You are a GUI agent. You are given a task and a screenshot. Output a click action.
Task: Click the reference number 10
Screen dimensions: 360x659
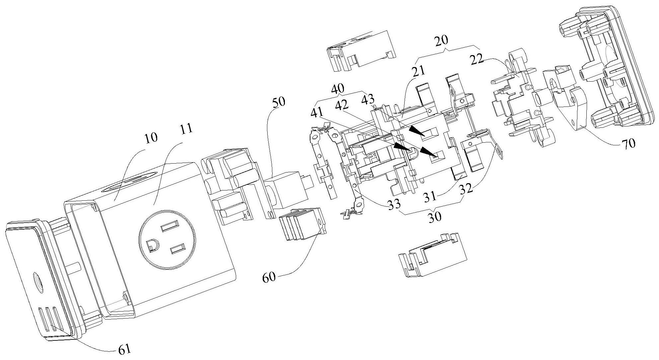(x=151, y=138)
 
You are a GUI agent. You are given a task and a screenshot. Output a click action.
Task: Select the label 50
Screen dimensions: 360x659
(x=278, y=102)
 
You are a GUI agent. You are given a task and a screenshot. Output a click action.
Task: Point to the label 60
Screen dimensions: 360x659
(x=269, y=277)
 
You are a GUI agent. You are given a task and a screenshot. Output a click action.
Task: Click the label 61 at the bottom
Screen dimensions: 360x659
(x=125, y=349)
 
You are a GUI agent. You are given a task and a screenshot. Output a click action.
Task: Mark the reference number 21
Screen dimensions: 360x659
(x=419, y=71)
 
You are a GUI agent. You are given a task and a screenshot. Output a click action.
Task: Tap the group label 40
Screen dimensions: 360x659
(x=338, y=89)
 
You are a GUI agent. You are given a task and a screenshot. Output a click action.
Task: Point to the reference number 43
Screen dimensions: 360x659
(x=368, y=99)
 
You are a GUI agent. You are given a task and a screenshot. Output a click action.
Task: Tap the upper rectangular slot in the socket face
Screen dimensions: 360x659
(x=168, y=228)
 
